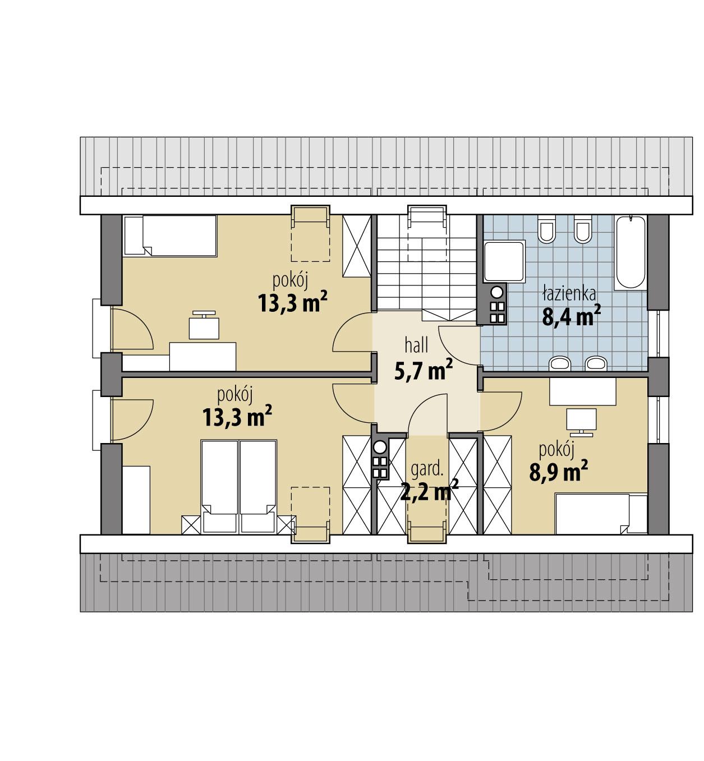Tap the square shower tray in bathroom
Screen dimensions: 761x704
coord(504,261)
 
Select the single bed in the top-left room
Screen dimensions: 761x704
coord(169,236)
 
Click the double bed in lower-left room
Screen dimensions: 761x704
coord(239,485)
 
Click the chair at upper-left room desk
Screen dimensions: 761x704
coord(204,326)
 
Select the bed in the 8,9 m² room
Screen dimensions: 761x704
coord(600,513)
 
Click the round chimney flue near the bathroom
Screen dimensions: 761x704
coord(497,292)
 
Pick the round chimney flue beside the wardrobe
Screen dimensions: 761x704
coord(380,448)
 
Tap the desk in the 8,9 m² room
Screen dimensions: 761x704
coord(582,391)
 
